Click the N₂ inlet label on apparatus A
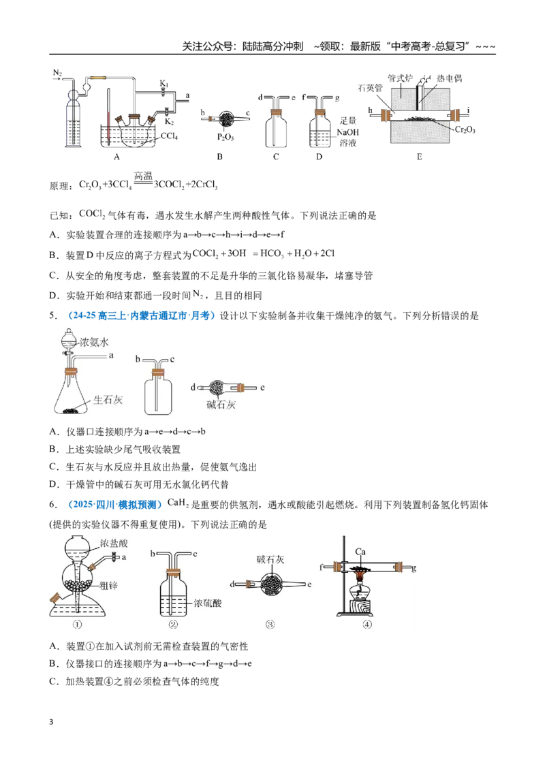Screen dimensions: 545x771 pos(57,74)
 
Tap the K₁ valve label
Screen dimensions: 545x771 pos(163,84)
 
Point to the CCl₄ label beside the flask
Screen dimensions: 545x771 pos(169,136)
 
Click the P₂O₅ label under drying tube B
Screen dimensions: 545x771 pos(225,137)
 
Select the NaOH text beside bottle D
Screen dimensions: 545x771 pos(347,132)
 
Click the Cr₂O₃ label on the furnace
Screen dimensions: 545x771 pos(465,130)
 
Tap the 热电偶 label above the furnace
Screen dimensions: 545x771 pos(450,79)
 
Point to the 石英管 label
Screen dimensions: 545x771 pos(370,88)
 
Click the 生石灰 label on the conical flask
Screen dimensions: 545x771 pos(108,400)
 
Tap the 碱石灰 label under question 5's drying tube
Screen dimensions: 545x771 pos(221,405)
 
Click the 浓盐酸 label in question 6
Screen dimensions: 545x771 pos(114,544)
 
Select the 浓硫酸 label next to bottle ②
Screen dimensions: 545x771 pos(208,603)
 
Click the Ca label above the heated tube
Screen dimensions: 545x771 pos(360,552)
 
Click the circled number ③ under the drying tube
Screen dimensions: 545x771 pos(270,625)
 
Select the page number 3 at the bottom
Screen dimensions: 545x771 pos(51,722)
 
